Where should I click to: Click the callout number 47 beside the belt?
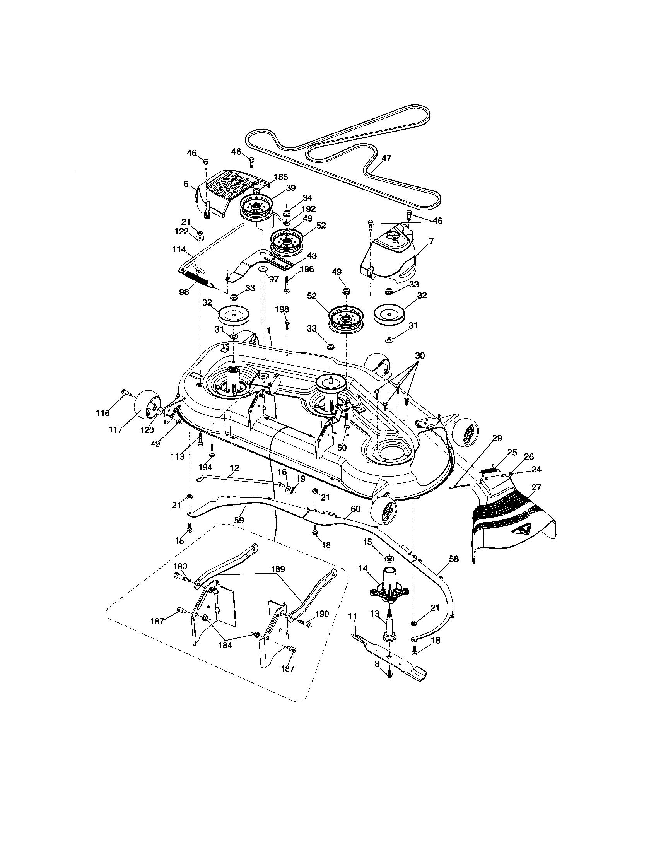[x=386, y=158]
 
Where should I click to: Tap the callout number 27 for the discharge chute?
[x=536, y=487]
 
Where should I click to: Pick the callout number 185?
[x=280, y=177]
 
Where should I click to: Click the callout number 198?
[x=282, y=309]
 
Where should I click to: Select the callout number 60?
[x=355, y=509]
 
